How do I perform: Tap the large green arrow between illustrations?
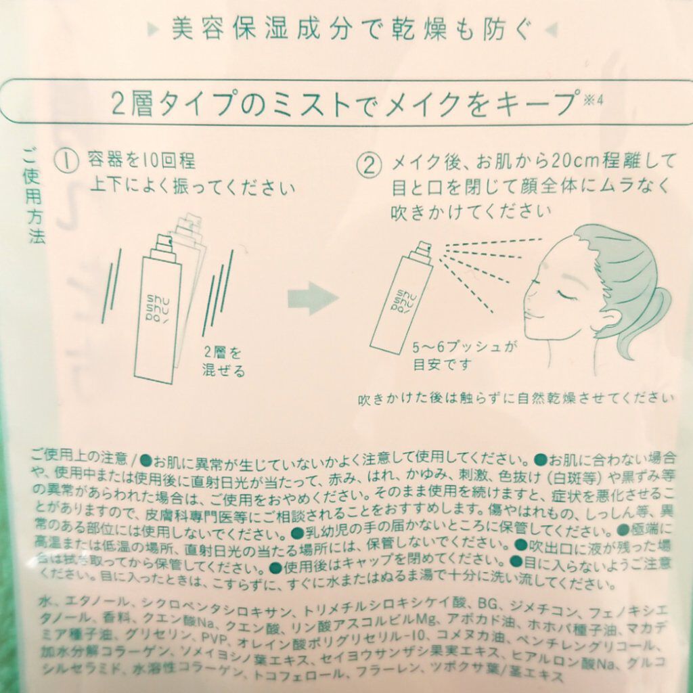(313, 298)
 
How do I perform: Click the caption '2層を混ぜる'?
(223, 361)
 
